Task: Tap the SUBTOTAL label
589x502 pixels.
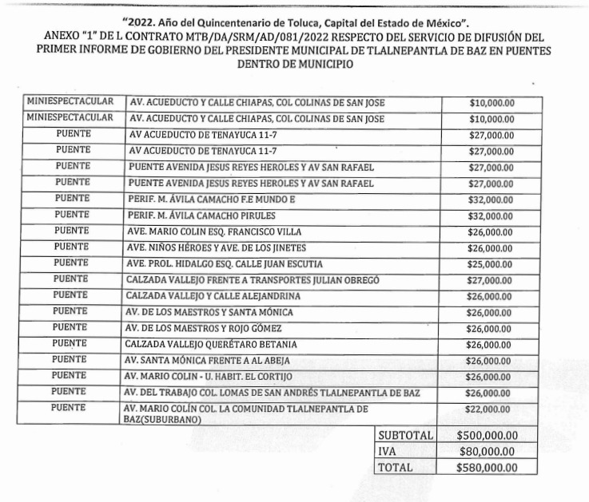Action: pos(405,436)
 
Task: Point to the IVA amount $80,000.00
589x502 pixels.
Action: pos(487,452)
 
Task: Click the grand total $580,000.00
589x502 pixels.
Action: pos(487,468)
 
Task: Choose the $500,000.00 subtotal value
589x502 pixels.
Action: pos(487,436)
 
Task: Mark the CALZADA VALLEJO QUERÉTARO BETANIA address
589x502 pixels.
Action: pos(211,344)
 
